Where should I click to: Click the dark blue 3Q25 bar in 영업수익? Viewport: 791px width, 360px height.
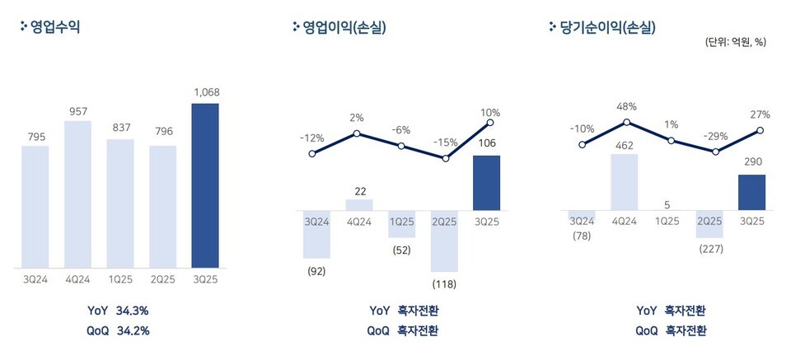pyautogui.click(x=205, y=185)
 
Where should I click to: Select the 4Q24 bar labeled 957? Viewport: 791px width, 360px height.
pyautogui.click(x=77, y=194)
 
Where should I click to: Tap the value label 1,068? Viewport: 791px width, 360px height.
pyautogui.click(x=205, y=92)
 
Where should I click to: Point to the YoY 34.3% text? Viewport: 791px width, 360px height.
pyautogui.click(x=119, y=311)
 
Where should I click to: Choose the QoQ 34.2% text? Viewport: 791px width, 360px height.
pyautogui.click(x=119, y=330)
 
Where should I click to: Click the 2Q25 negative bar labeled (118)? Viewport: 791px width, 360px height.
pyautogui.click(x=446, y=241)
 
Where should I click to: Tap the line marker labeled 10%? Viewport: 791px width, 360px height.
pyautogui.click(x=490, y=124)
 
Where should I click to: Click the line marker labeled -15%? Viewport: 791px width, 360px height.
pyautogui.click(x=446, y=157)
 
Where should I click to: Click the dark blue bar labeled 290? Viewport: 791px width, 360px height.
pyautogui.click(x=751, y=192)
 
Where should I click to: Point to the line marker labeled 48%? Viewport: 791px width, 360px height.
pyautogui.click(x=627, y=122)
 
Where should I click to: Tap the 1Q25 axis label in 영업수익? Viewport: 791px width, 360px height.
pyautogui.click(x=120, y=280)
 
